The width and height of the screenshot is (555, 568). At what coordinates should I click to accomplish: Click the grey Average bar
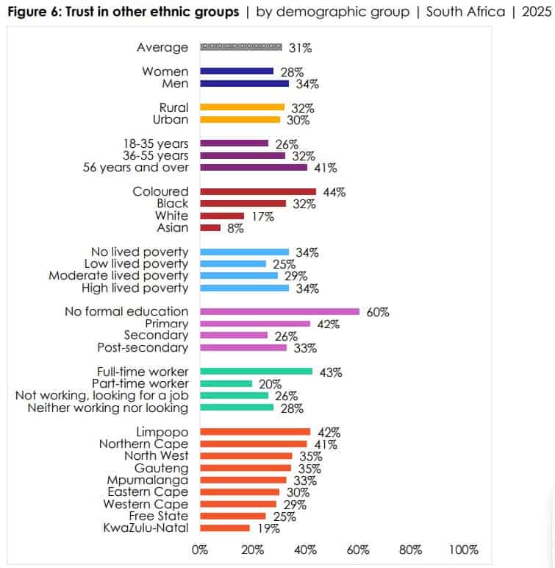pyautogui.click(x=240, y=48)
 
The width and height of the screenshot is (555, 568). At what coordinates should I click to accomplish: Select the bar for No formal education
pyautogui.click(x=279, y=311)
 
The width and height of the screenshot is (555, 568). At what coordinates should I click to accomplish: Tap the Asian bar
pyautogui.click(x=210, y=228)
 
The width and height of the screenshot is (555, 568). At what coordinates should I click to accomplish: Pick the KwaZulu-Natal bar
pyautogui.click(x=224, y=528)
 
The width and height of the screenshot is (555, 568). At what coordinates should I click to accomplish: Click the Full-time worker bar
pyautogui.click(x=256, y=372)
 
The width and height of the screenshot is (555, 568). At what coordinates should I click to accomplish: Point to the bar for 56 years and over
pyautogui.click(x=253, y=168)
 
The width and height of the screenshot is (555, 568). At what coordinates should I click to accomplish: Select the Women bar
pyautogui.click(x=236, y=71)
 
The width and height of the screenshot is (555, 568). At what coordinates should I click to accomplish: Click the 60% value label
pyautogui.click(x=378, y=312)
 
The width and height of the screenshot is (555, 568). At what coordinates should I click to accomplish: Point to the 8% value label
pyautogui.click(x=236, y=228)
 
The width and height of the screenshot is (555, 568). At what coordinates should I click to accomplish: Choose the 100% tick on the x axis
pyautogui.click(x=463, y=550)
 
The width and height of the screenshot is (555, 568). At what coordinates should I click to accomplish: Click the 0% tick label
pyautogui.click(x=200, y=550)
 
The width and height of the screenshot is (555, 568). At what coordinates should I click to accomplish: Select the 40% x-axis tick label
pyautogui.click(x=306, y=550)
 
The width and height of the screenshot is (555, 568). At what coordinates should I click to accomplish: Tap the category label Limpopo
pyautogui.click(x=162, y=432)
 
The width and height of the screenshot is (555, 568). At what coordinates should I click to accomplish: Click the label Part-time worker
pyautogui.click(x=140, y=383)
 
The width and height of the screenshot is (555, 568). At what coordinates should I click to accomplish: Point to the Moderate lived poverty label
pyautogui.click(x=118, y=276)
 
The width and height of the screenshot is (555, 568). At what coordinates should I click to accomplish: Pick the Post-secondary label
pyautogui.click(x=143, y=347)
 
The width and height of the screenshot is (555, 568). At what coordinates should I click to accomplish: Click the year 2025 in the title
pyautogui.click(x=536, y=12)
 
